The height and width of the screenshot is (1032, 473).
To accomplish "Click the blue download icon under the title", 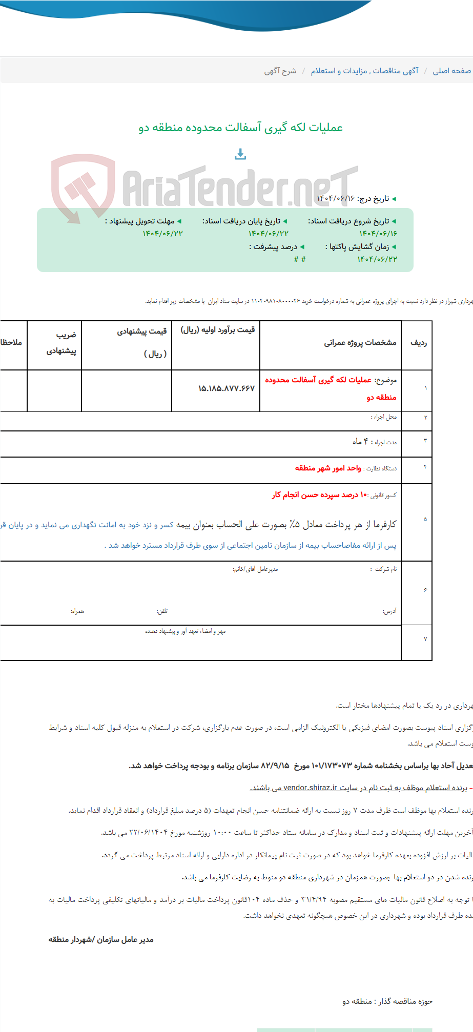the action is (240, 154).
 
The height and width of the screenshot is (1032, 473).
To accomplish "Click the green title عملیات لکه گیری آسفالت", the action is (240, 128).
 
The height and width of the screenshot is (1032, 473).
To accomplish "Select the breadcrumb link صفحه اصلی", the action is (451, 71).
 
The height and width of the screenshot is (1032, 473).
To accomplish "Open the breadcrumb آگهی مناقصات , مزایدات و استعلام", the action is (364, 71).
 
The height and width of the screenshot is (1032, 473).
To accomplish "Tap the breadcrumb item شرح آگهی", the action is (280, 71).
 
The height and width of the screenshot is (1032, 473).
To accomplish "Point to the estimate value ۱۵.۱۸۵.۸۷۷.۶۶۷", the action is (226, 388).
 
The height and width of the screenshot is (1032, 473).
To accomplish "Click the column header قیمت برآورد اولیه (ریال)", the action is (217, 330).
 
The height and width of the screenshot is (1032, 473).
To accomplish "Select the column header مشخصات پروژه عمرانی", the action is (360, 342).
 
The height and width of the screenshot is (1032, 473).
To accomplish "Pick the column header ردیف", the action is (418, 342).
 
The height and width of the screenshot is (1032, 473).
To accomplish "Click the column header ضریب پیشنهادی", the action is (61, 343).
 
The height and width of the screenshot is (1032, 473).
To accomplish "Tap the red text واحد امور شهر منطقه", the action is (328, 468).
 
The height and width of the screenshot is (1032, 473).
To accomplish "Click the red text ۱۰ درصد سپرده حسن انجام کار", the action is (320, 495).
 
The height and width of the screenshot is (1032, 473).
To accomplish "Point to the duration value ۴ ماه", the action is (360, 442).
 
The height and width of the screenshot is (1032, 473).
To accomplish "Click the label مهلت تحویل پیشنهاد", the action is (142, 221).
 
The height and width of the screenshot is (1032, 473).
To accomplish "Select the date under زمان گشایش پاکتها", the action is (377, 259).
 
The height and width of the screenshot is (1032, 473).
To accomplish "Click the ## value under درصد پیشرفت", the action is (300, 259).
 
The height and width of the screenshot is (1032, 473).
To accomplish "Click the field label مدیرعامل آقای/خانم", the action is (255, 569).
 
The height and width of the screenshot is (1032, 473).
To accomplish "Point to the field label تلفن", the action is (162, 611).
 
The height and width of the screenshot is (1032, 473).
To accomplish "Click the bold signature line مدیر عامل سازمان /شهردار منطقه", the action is (101, 939).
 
